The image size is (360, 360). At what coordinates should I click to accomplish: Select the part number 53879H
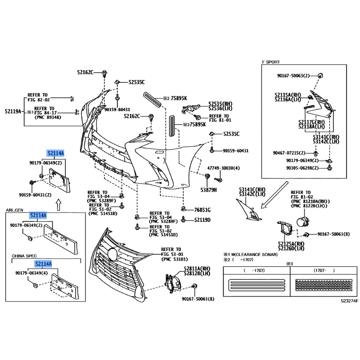209,190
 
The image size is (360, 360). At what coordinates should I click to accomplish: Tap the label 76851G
202,210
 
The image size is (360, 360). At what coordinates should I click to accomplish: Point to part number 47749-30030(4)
224,168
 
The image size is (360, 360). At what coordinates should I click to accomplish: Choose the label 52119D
202,220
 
